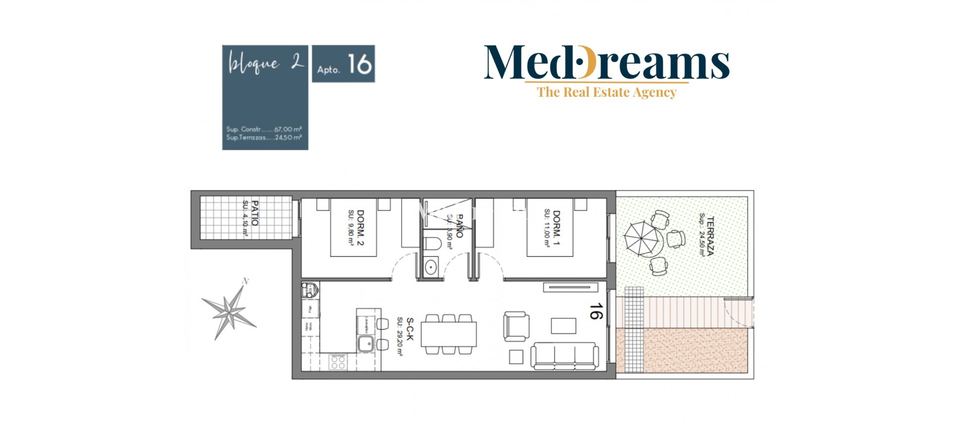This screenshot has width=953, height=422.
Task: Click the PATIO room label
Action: [x=255, y=213]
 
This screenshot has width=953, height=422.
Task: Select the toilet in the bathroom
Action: [x=432, y=244]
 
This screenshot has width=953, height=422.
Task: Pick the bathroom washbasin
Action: [x=430, y=267]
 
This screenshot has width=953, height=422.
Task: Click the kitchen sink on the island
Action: [x=366, y=343]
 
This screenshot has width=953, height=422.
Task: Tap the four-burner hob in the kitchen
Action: [x=338, y=362]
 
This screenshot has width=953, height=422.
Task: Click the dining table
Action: [x=449, y=334]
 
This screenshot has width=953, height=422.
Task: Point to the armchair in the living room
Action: [x=516, y=326]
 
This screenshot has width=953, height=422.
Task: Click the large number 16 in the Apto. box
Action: [x=359, y=64]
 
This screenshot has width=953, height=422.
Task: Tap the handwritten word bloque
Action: [x=254, y=64]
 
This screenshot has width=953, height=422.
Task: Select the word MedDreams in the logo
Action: [x=606, y=62]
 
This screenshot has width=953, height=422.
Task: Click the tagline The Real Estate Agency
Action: [x=606, y=92]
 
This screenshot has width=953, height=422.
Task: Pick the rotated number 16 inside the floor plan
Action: [x=596, y=311]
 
